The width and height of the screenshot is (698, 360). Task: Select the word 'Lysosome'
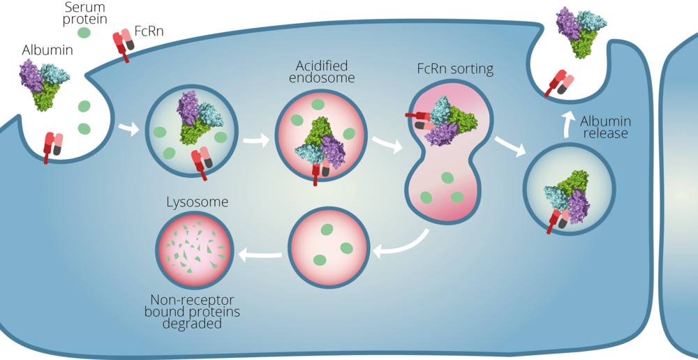[x=197, y=203]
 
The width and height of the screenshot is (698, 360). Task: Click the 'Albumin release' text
[x=604, y=127]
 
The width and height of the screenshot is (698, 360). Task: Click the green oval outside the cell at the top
[x=84, y=33]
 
